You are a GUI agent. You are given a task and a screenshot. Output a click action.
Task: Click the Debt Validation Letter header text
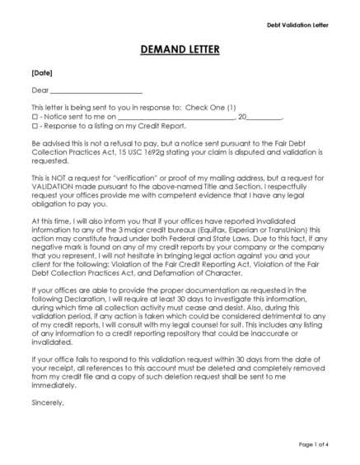[297, 26]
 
